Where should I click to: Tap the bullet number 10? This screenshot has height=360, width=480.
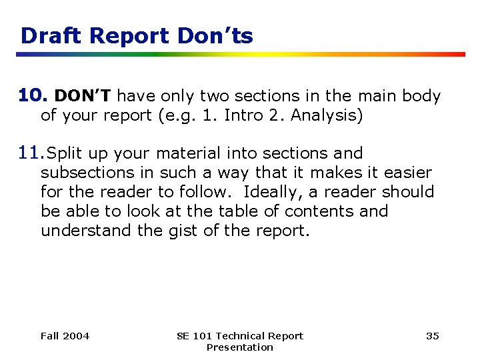pyautogui.click(x=32, y=96)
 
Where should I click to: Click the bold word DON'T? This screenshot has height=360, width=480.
pyautogui.click(x=82, y=97)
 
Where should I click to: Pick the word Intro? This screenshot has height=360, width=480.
pyautogui.click(x=243, y=115)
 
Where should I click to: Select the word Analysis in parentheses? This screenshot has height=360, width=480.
pyautogui.click(x=327, y=115)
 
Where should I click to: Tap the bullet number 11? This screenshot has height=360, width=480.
pyautogui.click(x=31, y=153)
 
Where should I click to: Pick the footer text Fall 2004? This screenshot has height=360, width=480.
pyautogui.click(x=65, y=336)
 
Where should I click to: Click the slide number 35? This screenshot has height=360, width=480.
pyautogui.click(x=433, y=336)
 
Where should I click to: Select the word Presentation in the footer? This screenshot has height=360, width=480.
pyautogui.click(x=239, y=347)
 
